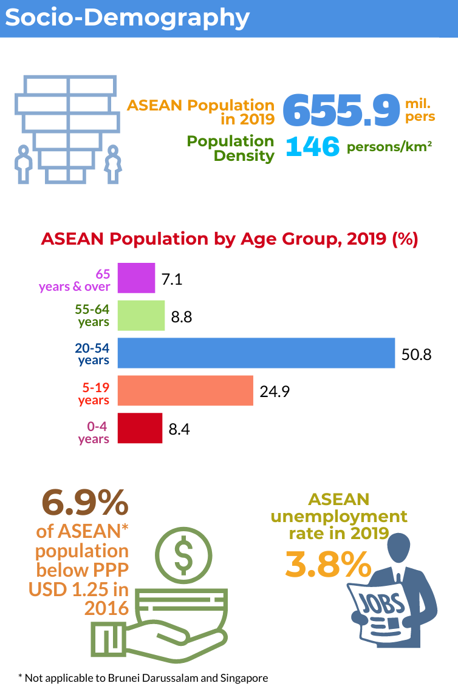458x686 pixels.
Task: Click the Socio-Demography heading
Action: [x=127, y=18]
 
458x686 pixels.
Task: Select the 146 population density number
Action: [x=312, y=147]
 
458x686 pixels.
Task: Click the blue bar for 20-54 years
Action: [x=256, y=353]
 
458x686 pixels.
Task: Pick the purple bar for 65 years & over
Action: [x=136, y=278]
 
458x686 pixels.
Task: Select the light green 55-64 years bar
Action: [x=141, y=316]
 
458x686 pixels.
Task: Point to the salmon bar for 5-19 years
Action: [x=185, y=390]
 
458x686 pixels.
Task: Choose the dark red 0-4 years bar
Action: [x=140, y=428]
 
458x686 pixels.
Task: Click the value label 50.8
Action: [x=416, y=354]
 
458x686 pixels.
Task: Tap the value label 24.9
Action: [x=275, y=392]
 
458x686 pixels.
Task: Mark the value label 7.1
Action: [x=172, y=279]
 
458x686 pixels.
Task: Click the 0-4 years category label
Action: [x=94, y=433]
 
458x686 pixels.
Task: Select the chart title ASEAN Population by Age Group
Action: [x=229, y=239]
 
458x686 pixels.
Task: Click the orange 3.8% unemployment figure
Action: [x=328, y=565]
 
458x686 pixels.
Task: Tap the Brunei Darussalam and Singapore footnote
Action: [x=143, y=677]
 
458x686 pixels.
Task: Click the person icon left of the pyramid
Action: [x=23, y=163]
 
